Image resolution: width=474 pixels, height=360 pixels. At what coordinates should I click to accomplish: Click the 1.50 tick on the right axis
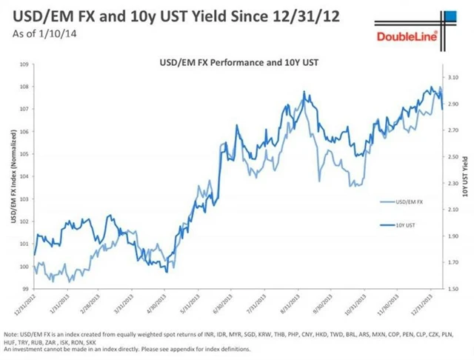pos(453,288)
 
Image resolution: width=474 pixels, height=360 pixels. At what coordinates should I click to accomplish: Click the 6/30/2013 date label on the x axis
pos(220,304)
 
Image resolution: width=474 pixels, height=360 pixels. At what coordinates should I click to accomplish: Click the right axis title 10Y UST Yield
pos(464,178)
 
